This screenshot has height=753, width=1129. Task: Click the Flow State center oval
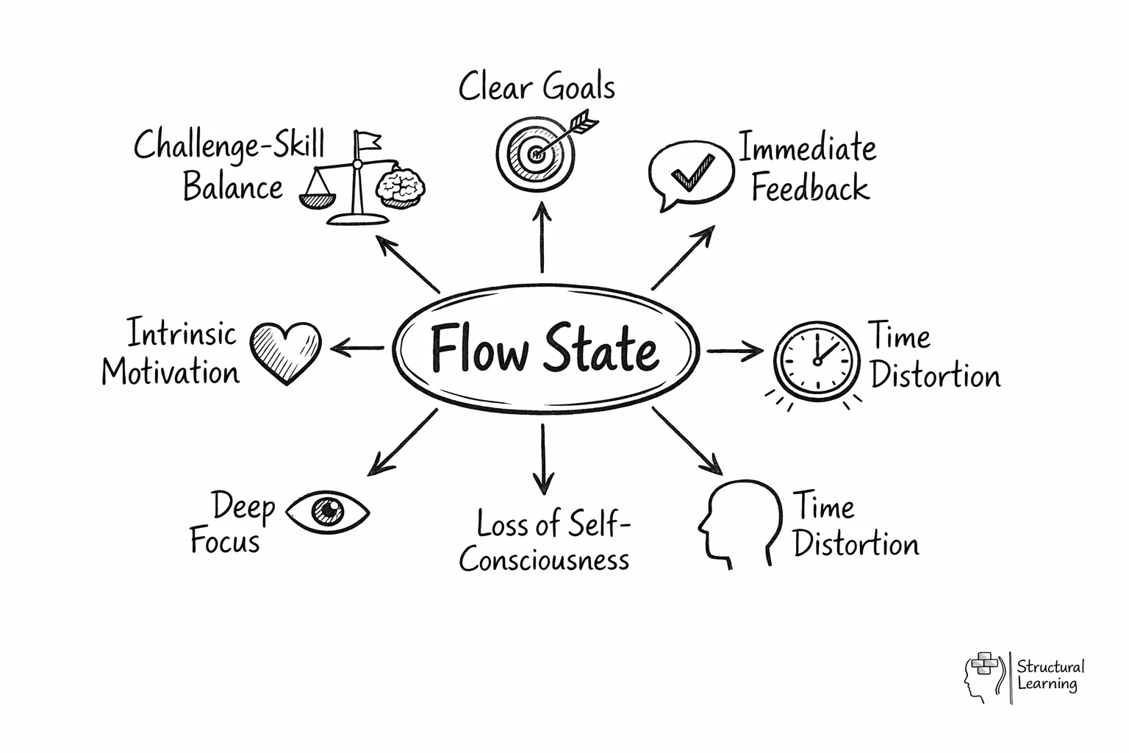point(545,349)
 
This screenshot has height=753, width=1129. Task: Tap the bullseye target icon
point(535,153)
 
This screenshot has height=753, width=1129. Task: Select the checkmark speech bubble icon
point(690,174)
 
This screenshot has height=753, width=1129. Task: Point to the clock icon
point(816,360)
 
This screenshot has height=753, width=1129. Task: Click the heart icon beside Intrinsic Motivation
point(285,351)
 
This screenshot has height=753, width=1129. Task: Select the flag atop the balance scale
point(368,140)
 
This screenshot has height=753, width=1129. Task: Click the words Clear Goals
point(537,88)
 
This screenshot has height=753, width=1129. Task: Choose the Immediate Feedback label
point(809,167)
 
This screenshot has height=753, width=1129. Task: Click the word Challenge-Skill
point(229,144)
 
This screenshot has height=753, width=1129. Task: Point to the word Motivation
point(171,371)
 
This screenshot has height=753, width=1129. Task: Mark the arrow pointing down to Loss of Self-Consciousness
point(542,460)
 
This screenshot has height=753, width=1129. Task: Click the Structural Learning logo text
point(1050,675)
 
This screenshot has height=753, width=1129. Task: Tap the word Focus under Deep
point(225,542)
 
